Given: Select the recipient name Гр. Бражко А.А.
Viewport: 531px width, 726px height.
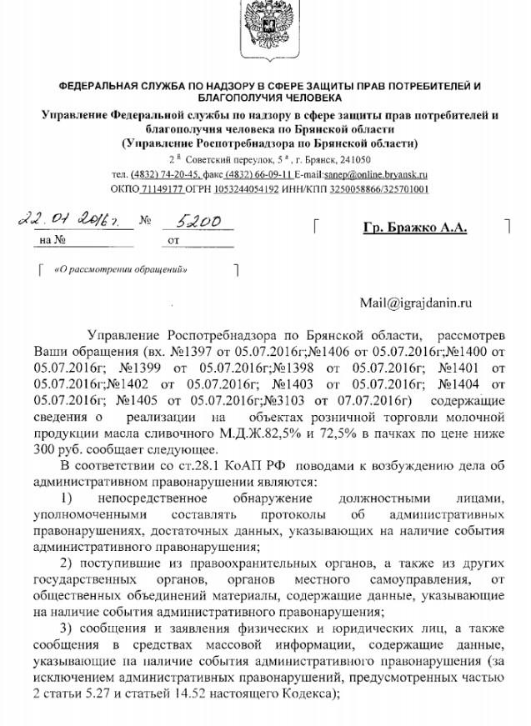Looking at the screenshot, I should (x=415, y=228).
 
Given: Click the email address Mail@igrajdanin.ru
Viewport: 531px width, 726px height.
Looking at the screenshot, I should (x=416, y=303).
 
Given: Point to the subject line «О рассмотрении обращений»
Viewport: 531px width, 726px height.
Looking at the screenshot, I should (x=120, y=269).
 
